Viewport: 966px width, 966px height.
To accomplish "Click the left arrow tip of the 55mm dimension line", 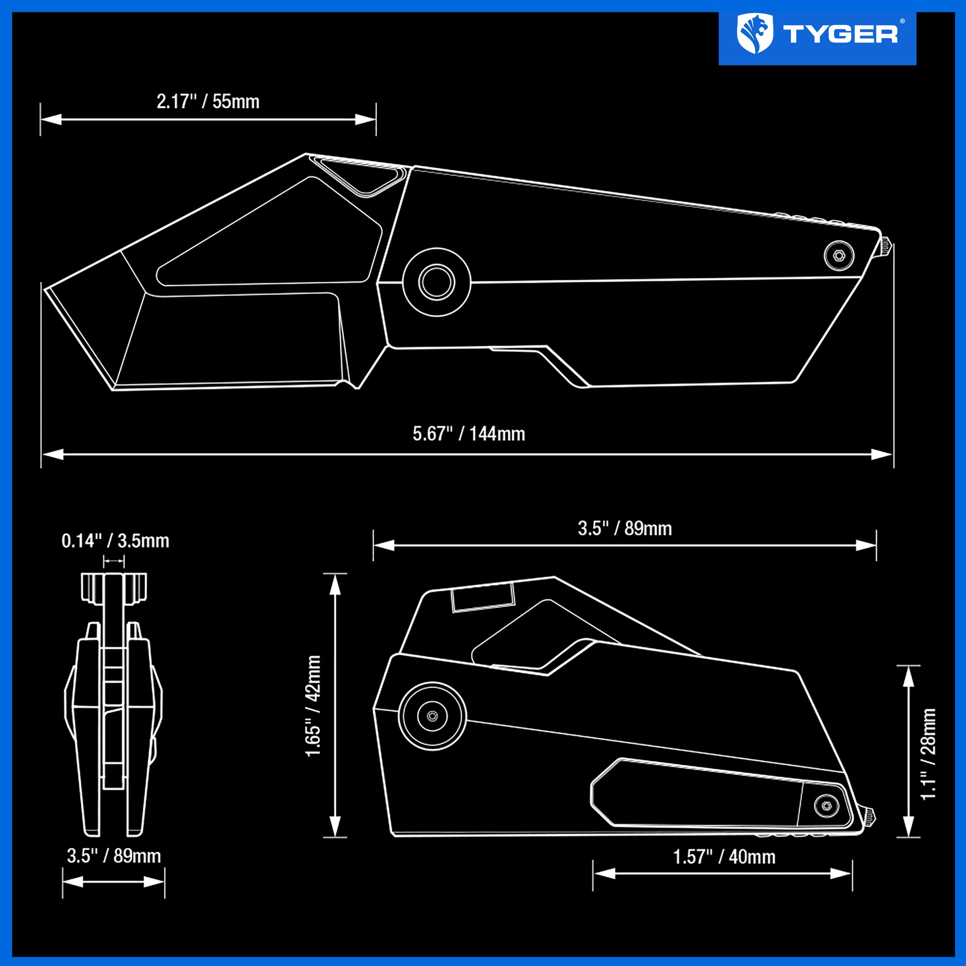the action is tap(41, 119).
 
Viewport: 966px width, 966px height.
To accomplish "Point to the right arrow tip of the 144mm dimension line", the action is tap(892, 454).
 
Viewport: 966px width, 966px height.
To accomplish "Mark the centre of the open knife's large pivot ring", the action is tap(437, 282).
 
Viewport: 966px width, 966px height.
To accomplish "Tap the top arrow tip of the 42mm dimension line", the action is tap(335, 574).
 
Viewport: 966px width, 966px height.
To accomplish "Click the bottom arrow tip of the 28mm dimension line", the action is tap(908, 837).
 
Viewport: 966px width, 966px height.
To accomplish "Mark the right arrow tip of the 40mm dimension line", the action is tap(852, 874).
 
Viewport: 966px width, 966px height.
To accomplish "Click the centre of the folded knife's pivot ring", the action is tap(432, 716).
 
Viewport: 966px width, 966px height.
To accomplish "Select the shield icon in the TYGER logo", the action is tap(755, 34).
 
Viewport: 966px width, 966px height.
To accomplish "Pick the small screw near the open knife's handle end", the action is tap(839, 255).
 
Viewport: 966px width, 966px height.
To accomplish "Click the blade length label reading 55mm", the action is tap(208, 102).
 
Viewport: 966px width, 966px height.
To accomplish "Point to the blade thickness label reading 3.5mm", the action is tap(116, 541).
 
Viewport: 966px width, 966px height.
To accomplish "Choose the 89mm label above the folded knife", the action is tap(625, 529).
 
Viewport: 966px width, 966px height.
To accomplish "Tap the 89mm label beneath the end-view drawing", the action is tap(114, 855).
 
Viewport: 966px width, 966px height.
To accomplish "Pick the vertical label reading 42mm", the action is tap(313, 706).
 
